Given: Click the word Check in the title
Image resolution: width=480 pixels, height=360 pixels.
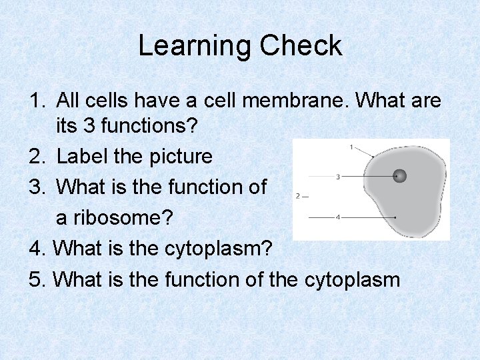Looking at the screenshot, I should (x=301, y=46).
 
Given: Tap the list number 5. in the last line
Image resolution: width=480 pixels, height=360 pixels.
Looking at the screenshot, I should (x=37, y=279).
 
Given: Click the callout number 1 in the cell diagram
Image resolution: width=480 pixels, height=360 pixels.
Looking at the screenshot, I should (x=351, y=147).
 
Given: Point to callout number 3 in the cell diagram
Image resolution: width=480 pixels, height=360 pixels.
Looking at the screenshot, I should (x=339, y=177).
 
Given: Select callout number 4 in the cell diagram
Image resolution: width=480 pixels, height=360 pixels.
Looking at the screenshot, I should (x=339, y=217).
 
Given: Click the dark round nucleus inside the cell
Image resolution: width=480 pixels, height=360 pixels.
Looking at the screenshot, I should (x=399, y=177).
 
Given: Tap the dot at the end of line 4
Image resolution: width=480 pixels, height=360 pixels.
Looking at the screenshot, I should (x=396, y=217).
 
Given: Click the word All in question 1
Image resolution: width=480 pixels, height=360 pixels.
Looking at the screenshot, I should (x=69, y=101).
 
